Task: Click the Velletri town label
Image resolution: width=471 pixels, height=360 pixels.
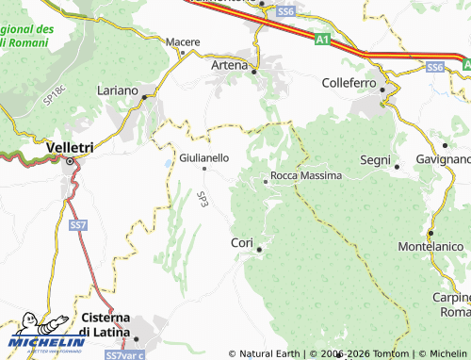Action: [71, 147]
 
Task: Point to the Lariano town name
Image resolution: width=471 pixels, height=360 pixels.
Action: [117, 91]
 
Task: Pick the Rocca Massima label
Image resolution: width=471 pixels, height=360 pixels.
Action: [305, 176]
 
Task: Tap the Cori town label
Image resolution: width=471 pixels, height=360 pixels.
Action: [242, 243]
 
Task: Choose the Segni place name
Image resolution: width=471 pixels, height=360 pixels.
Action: [375, 160]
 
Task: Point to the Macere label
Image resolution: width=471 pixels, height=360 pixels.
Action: [183, 42]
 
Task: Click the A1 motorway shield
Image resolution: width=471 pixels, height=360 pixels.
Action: [323, 40]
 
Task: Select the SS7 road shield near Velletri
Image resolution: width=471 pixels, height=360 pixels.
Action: [79, 225]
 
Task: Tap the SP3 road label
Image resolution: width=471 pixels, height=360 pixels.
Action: [203, 199]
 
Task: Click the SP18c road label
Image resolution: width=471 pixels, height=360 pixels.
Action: [55, 92]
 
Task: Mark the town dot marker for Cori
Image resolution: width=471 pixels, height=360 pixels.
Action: [259, 249]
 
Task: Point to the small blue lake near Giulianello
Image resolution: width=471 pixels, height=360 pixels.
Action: [168, 164]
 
